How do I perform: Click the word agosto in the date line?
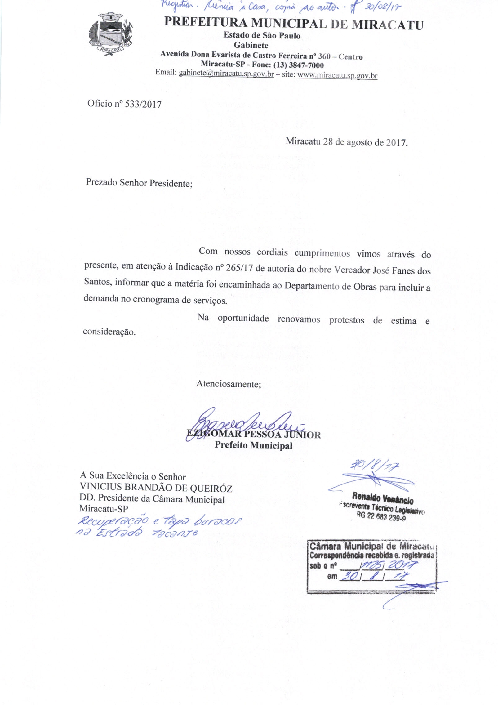[x=360, y=142]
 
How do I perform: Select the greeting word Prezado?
[x=101, y=182]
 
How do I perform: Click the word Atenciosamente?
[x=229, y=384]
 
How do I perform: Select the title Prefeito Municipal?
[x=253, y=445]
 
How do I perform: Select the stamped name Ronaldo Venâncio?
[x=383, y=500]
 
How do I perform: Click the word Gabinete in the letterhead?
[x=251, y=45]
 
